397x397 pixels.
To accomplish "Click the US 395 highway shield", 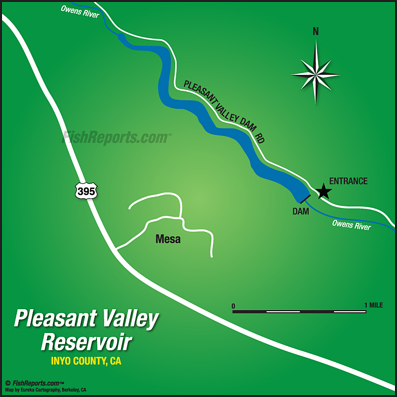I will tap(86, 190).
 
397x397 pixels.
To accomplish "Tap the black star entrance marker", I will tap(324, 191).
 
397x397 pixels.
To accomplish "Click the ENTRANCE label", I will tap(348, 181).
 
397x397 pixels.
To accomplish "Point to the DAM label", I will tap(301, 211).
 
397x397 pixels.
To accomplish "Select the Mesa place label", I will tap(168, 239).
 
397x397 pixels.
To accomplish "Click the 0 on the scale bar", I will tap(233, 305).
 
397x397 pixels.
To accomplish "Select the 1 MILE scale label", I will tap(373, 305).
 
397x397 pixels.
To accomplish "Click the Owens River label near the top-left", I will tap(80, 11).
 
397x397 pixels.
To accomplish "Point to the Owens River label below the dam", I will tap(351, 225).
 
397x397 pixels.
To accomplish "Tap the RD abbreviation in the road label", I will tap(260, 138).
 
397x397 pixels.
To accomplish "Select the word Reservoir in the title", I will tap(86, 342).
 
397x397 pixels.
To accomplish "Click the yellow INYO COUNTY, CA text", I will tap(86, 361).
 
